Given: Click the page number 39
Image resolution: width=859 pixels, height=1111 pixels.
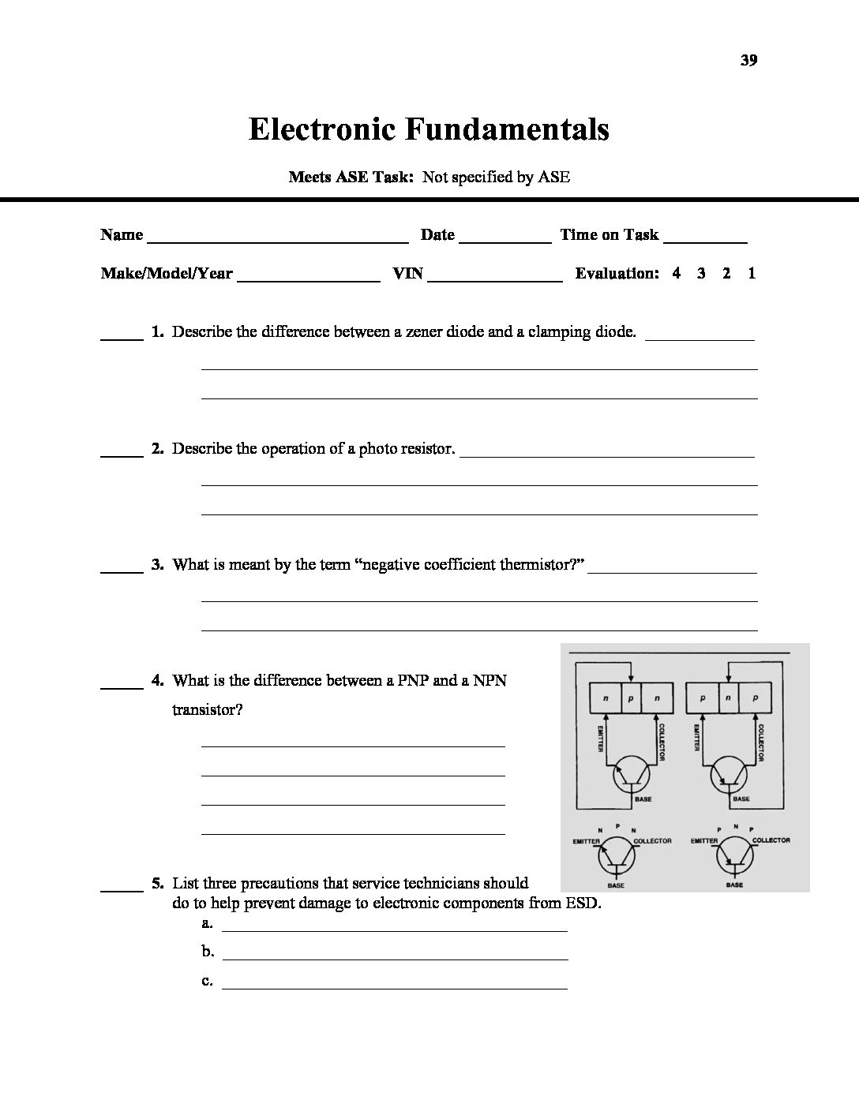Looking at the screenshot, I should click(749, 61).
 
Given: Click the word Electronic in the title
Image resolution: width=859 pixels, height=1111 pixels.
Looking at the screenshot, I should click(321, 129).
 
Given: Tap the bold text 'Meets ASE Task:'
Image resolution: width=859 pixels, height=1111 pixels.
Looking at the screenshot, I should click(351, 177).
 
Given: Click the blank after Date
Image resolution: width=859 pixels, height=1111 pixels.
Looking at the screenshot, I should click(505, 237).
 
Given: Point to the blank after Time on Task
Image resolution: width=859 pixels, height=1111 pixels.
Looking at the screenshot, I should click(706, 237).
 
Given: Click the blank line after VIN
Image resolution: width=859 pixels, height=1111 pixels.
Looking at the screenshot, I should click(495, 276).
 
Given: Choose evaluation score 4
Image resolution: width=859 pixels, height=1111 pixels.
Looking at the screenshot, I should click(677, 274).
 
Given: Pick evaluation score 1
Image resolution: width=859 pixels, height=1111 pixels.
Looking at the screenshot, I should click(752, 274).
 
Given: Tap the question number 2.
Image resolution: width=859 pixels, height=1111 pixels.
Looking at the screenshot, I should click(157, 448).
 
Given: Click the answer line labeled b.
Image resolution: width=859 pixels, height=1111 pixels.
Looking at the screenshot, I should click(395, 954).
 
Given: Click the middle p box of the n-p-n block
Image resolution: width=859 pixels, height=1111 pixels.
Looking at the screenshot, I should click(632, 699).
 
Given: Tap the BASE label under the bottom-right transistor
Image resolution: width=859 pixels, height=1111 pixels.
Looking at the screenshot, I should click(734, 885).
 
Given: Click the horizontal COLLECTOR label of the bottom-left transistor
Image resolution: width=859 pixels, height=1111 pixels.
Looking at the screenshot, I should click(652, 841).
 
